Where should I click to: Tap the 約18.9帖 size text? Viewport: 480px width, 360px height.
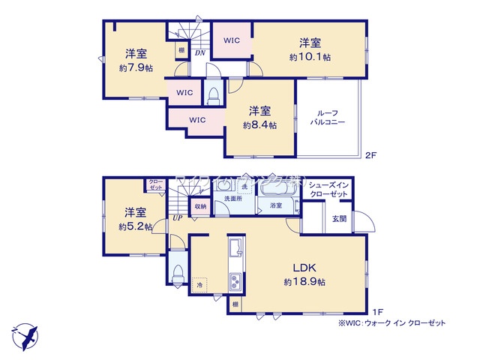click(x=304, y=282)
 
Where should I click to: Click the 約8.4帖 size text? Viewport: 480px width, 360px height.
click(x=259, y=125)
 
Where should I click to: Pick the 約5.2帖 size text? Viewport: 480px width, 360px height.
click(x=135, y=226)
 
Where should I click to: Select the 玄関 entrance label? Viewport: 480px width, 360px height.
click(x=339, y=218)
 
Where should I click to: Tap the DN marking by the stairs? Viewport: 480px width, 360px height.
click(x=200, y=53)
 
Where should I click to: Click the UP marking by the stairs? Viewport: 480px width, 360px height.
click(x=177, y=217)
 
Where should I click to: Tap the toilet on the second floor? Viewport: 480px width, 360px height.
click(x=213, y=96)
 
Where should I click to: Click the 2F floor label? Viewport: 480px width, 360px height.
click(x=370, y=155)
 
